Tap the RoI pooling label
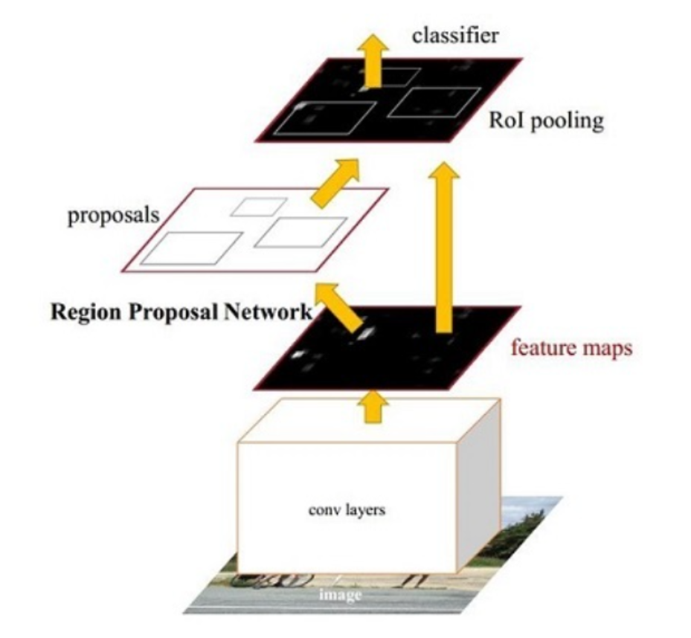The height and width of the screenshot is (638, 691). click(x=544, y=121)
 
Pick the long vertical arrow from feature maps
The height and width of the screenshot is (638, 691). click(x=445, y=245)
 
